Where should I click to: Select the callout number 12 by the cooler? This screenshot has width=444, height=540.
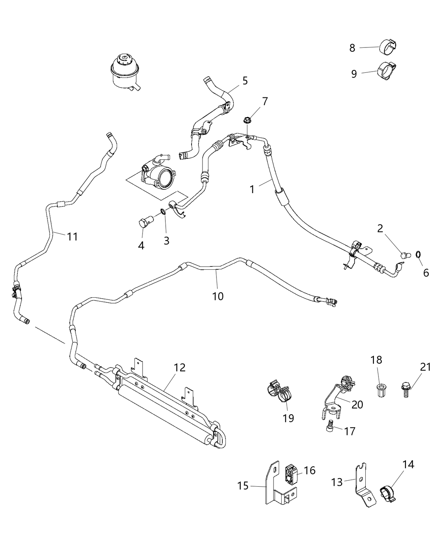tap(179, 367)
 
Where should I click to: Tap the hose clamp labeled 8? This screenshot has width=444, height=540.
tap(387, 47)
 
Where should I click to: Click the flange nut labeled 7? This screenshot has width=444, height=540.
tap(247, 120)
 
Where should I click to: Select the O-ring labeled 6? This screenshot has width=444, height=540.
tap(418, 254)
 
